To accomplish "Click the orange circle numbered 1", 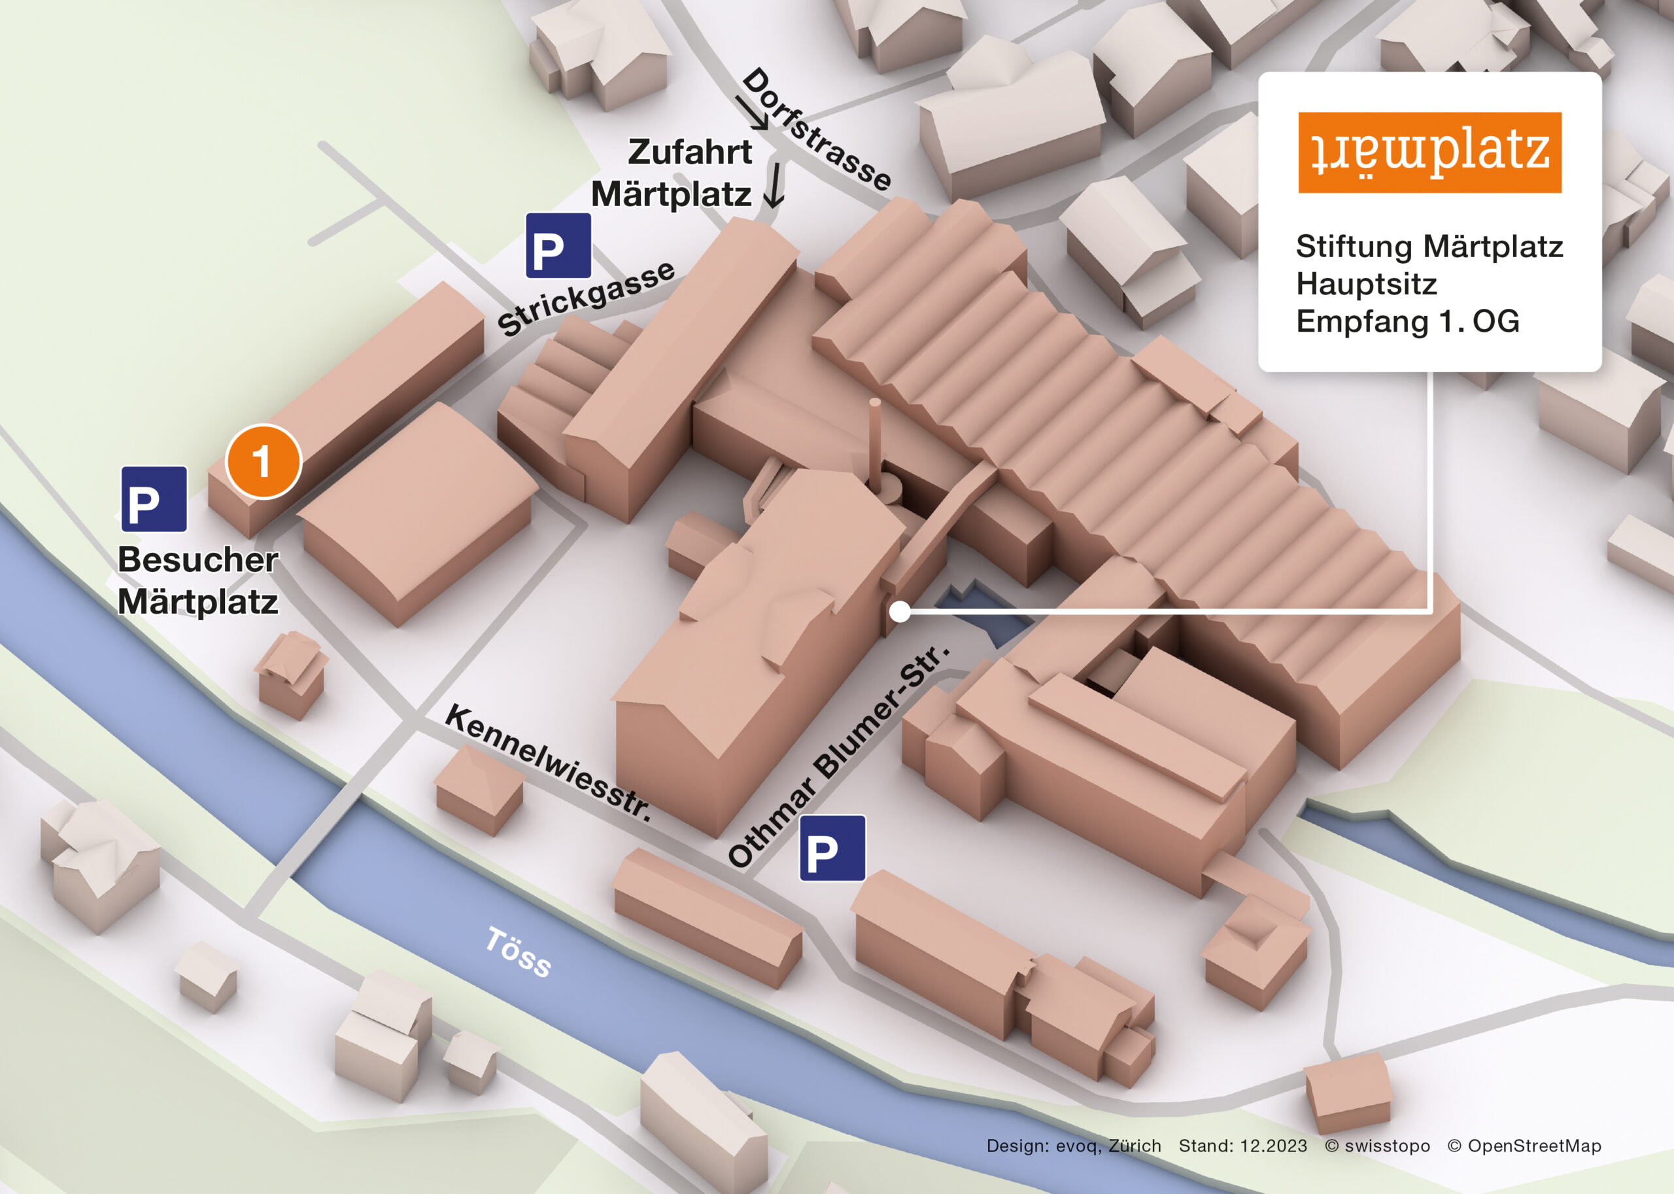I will pos(263,462).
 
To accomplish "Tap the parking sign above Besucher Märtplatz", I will pos(154,499).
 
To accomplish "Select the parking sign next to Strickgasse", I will pos(558,245).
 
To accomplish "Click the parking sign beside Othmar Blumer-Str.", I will pos(832,848).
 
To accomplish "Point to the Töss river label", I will pos(518,952).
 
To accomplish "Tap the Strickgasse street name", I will pos(586,298).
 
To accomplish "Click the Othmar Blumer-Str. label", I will pos(838,756).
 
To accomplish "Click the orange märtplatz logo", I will pos(1429,153).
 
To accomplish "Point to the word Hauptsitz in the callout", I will pos(1365,284).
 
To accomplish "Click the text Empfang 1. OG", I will pos(1407,321).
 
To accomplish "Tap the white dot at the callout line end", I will pos(900,611).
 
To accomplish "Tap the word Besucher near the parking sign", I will pos(197,559).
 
